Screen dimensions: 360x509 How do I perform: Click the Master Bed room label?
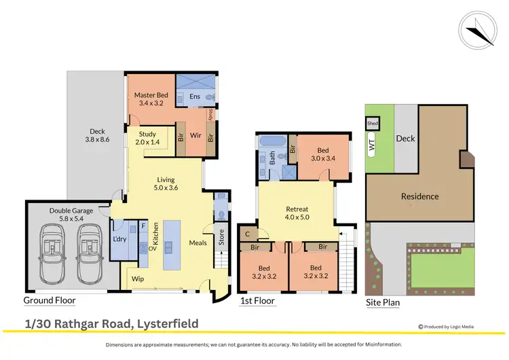[151, 95]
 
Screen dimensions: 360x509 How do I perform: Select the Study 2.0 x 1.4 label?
[148, 138]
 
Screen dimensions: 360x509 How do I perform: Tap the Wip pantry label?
[138, 278]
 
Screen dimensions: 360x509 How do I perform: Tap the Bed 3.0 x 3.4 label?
[323, 154]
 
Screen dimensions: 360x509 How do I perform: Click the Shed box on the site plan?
[372, 124]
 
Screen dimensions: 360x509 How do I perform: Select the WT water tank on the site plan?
[372, 145]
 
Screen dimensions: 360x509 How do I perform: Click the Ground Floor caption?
[50, 300]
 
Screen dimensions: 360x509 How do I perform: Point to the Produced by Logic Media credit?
[446, 327]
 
